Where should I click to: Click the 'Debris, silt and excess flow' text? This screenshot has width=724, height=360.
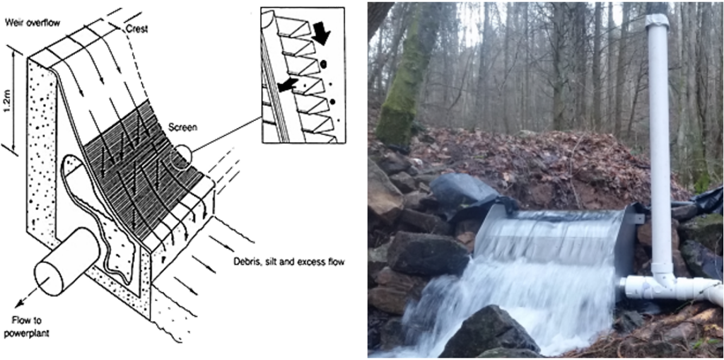(288, 262)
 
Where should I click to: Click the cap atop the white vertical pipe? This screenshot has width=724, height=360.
(657, 21)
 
